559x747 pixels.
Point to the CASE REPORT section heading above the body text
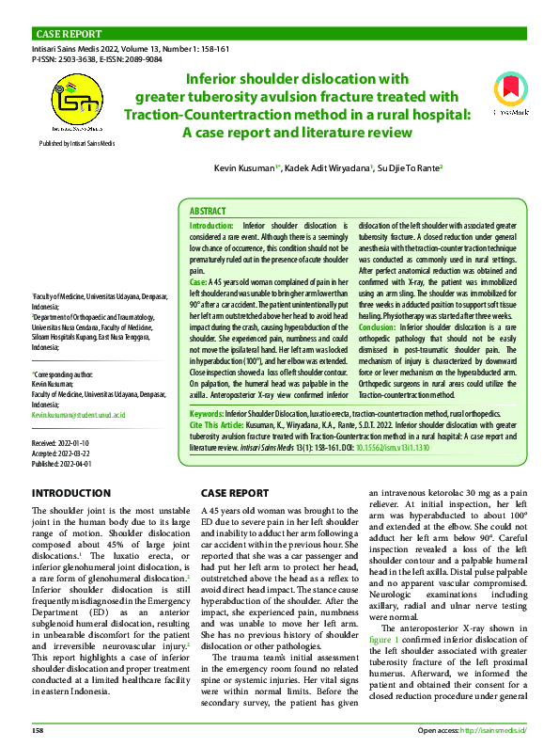coord(235,493)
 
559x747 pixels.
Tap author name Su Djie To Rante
coord(410,167)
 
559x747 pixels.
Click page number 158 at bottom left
coord(39,730)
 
